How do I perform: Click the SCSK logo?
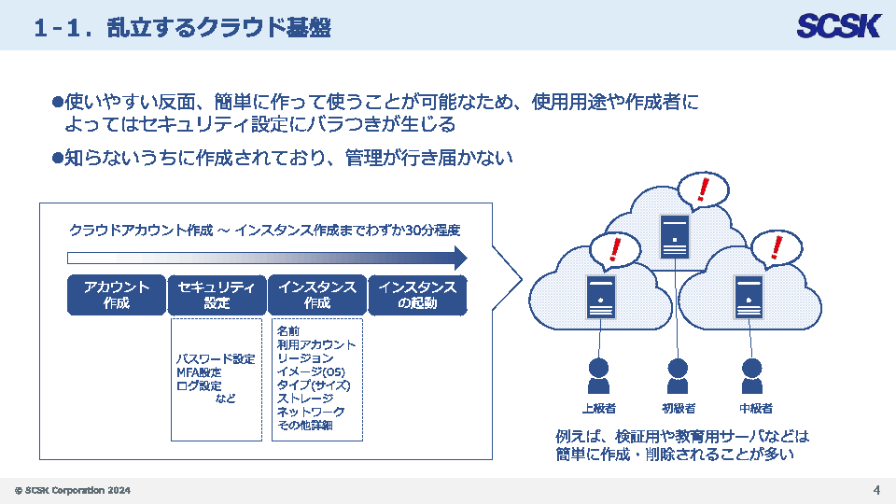[x=838, y=26]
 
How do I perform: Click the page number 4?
[x=876, y=490]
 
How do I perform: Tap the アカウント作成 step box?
[x=117, y=295]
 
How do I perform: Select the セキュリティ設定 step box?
[x=217, y=295]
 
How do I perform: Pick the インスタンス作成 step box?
[x=317, y=295]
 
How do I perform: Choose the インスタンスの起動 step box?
[x=418, y=295]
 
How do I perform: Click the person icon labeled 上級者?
[x=598, y=376]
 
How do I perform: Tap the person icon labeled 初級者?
[x=678, y=376]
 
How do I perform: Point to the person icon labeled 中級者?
[x=751, y=376]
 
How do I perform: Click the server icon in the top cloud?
[x=675, y=236]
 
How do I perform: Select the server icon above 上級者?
[x=601, y=297]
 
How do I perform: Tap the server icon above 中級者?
[x=749, y=297]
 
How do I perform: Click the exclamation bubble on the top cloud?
[x=703, y=190]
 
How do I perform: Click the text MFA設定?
[x=199, y=372]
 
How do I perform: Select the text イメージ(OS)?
[x=311, y=371]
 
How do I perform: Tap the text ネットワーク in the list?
[x=311, y=412]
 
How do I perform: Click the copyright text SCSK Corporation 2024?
[x=73, y=490]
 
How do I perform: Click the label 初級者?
[x=679, y=408]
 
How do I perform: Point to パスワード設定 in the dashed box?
[x=216, y=358]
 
